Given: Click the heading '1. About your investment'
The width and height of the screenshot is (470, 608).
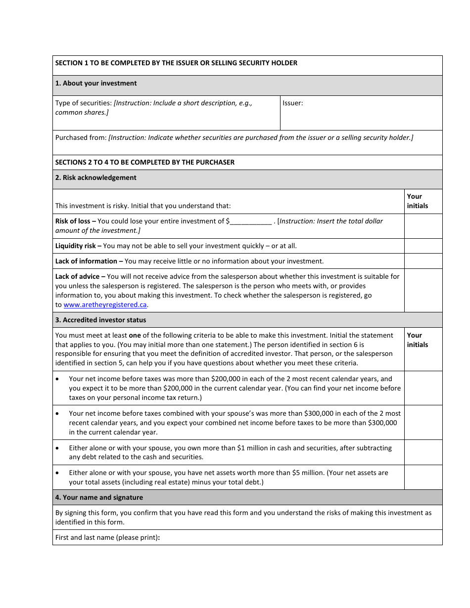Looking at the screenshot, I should click(x=96, y=84).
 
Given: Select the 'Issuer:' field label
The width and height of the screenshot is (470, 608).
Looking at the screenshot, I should click(x=293, y=103).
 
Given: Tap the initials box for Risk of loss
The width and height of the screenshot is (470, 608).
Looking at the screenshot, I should click(x=423, y=226).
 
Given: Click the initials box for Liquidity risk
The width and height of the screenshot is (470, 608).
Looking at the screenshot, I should click(x=423, y=246).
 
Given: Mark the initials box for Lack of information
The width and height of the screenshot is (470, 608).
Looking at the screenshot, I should click(x=423, y=261).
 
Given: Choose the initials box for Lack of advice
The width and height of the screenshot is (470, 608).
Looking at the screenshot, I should click(x=423, y=290).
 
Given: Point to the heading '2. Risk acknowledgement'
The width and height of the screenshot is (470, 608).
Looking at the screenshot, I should click(x=96, y=178).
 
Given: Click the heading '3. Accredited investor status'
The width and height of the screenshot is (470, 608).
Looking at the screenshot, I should click(x=100, y=320).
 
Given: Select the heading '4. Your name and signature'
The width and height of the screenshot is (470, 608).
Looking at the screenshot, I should click(x=99, y=498).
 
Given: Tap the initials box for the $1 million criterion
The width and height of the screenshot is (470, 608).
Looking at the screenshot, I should click(x=423, y=452).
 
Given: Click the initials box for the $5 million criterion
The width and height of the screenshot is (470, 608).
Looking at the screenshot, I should click(x=423, y=477).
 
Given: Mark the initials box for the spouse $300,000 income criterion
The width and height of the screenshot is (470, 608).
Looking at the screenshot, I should click(x=423, y=423).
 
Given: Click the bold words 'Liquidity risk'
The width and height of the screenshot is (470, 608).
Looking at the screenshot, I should click(x=78, y=246).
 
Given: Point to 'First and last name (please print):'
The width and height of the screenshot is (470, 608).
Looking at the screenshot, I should click(x=107, y=538).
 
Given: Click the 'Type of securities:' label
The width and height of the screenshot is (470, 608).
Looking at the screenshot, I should click(x=83, y=103).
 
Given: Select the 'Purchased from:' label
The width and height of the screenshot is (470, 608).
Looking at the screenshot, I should click(x=81, y=138).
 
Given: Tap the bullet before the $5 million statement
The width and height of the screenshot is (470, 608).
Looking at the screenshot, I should click(x=58, y=473).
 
